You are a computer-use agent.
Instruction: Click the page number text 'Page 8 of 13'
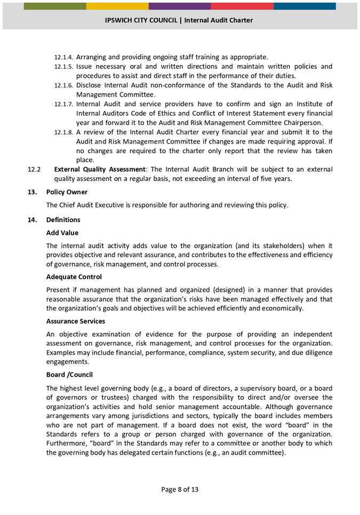180,489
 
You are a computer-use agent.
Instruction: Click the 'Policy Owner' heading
67,192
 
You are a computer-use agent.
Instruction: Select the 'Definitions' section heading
63,220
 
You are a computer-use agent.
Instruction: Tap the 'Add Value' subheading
62,233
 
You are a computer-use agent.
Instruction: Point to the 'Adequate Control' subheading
74,277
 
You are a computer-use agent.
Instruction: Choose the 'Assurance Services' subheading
75,321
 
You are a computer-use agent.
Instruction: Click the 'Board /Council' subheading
69,375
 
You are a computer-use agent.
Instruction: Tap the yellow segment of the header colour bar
117,6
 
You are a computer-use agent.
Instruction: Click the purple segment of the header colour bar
180,6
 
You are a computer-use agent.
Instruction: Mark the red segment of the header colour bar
242,6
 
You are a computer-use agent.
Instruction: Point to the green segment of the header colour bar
55,6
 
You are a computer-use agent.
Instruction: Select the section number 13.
31,192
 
